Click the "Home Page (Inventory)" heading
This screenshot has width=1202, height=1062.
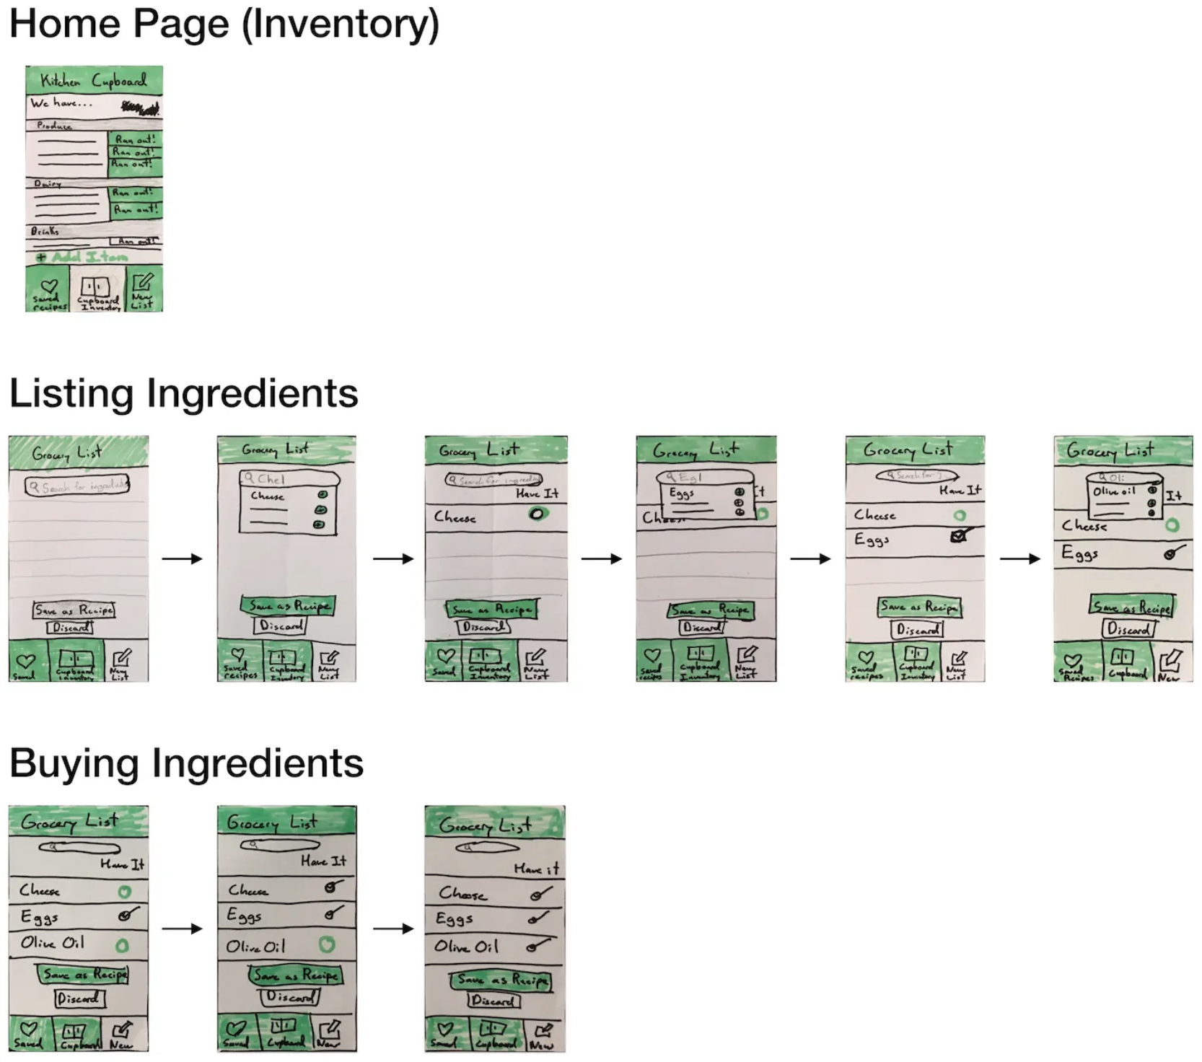pos(224,25)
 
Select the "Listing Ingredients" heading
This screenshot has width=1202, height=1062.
pos(183,394)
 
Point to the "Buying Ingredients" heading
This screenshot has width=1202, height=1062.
pos(186,763)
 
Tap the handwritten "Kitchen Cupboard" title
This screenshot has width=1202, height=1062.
pos(93,81)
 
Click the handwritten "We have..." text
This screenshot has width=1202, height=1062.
pos(61,103)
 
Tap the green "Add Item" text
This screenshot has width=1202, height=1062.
pos(89,257)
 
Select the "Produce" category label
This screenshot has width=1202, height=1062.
pos(54,126)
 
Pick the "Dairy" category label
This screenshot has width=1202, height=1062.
pos(47,183)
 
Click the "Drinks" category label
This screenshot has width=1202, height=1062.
pos(45,231)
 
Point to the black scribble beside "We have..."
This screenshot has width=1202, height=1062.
pos(141,108)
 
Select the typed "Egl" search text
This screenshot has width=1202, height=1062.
pos(689,478)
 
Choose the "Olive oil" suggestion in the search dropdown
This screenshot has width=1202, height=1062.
pos(1114,491)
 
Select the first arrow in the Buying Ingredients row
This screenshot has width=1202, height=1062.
pos(182,929)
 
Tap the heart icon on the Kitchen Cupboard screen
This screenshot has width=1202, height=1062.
pos(49,286)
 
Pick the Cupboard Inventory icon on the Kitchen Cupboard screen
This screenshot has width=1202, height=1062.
pos(96,286)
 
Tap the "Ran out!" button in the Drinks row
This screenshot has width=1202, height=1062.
pos(135,241)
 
